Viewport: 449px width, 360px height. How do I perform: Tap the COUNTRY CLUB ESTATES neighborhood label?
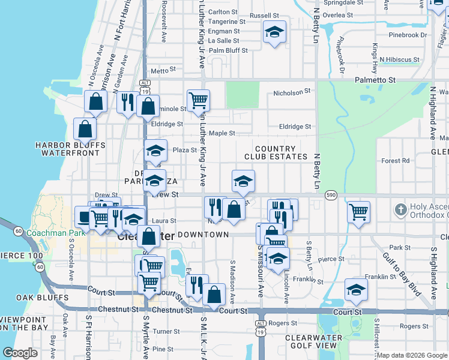click(275, 152)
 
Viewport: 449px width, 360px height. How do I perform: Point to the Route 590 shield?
click(330, 195)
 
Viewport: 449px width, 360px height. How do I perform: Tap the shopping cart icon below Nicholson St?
click(198, 100)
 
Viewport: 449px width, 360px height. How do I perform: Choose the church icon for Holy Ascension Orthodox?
click(400, 210)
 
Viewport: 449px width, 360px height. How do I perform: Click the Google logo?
click(20, 353)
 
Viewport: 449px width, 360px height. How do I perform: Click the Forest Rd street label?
click(395, 160)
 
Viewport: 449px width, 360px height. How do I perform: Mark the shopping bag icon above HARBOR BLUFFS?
click(85, 128)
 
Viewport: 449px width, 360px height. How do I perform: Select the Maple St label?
click(221, 133)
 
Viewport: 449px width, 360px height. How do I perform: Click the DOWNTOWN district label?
click(203, 235)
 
